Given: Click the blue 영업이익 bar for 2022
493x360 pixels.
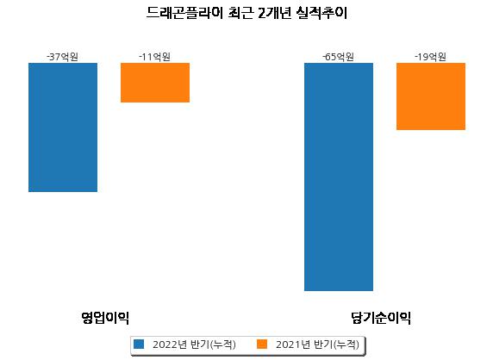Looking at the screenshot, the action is pyautogui.click(x=63, y=127).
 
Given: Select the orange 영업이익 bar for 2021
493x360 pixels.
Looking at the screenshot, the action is pyautogui.click(x=155, y=83).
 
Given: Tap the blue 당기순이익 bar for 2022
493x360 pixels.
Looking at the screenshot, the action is pyautogui.click(x=339, y=177).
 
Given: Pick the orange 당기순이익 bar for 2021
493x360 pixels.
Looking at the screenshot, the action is pyautogui.click(x=431, y=96).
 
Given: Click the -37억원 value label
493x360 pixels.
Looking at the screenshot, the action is pyautogui.click(x=62, y=57).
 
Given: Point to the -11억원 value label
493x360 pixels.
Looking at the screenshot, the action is pyautogui.click(x=154, y=57).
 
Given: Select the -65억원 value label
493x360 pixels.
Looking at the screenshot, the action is pyautogui.click(x=339, y=57).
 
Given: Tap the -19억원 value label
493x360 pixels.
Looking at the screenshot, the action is pyautogui.click(x=430, y=57).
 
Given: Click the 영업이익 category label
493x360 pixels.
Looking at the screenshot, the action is pyautogui.click(x=105, y=318).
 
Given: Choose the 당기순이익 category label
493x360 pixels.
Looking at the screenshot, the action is pyautogui.click(x=381, y=318).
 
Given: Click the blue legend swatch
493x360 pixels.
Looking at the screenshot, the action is pyautogui.click(x=139, y=344).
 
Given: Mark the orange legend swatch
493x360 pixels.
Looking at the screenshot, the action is pyautogui.click(x=262, y=344).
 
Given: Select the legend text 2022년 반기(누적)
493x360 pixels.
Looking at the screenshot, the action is pyautogui.click(x=194, y=344).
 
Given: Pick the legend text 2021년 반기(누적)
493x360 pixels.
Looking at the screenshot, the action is pyautogui.click(x=317, y=344).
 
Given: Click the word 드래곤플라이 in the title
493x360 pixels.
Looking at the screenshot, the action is pyautogui.click(x=184, y=13).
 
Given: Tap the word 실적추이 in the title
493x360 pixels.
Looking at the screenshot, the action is pyautogui.click(x=321, y=13).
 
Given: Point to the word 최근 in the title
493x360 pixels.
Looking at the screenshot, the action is pyautogui.click(x=240, y=13).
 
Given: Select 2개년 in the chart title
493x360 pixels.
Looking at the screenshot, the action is pyautogui.click(x=274, y=13).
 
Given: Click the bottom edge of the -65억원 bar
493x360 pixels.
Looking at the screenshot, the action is pyautogui.click(x=339, y=290).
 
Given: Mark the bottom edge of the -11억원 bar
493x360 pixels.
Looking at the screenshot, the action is pyautogui.click(x=155, y=102).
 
